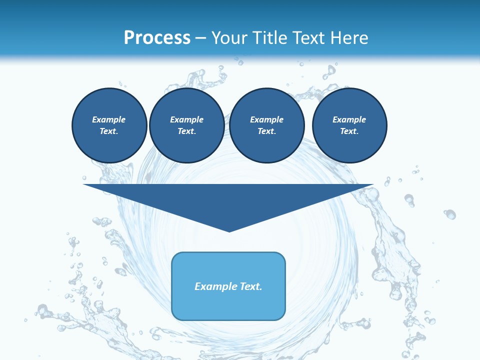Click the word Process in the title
pyautogui.click(x=157, y=38)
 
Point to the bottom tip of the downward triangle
pyautogui.click(x=229, y=230)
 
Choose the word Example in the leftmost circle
pyautogui.click(x=109, y=119)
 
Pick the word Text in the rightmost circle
pyautogui.click(x=349, y=131)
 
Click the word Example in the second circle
pyautogui.click(x=186, y=119)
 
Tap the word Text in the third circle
pyautogui.click(x=266, y=131)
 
